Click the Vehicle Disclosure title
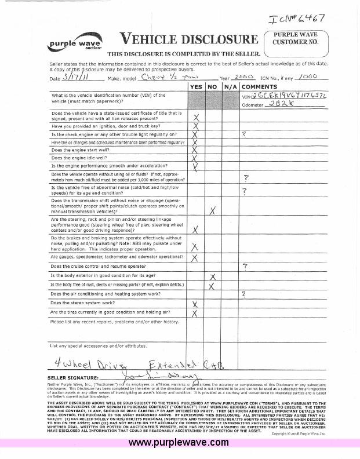point(188,39)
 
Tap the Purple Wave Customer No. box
point(296,39)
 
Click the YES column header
point(195,86)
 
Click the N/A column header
point(231,86)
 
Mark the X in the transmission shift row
point(213,210)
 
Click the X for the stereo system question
point(195,304)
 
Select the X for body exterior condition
point(213,276)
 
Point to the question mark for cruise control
point(246,266)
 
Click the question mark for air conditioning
point(244,294)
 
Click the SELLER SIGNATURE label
point(73,377)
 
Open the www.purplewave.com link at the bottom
point(179,443)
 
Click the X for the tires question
point(195,314)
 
